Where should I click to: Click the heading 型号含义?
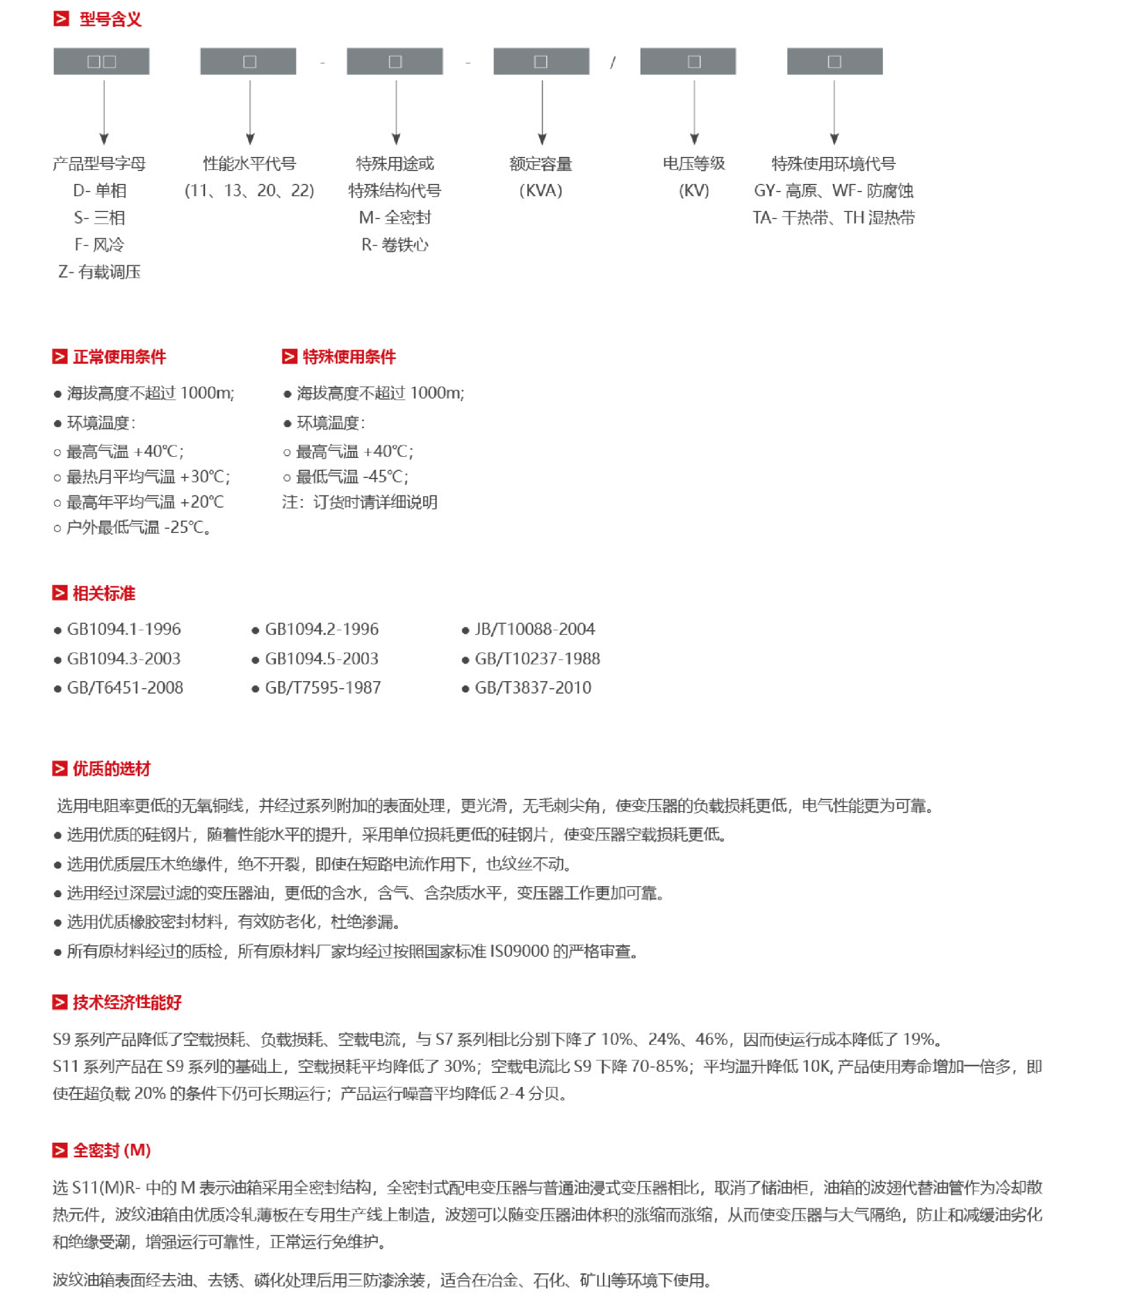click(111, 19)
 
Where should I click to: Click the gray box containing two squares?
click(101, 61)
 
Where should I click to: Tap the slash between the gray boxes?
click(612, 62)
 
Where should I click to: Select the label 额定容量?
click(541, 164)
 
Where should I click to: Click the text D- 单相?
click(100, 191)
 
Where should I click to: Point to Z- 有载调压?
click(99, 272)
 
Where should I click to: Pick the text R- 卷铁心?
click(395, 245)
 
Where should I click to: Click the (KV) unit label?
click(694, 191)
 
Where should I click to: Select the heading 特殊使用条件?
click(349, 357)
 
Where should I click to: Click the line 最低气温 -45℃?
click(352, 477)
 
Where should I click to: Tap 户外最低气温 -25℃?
click(138, 528)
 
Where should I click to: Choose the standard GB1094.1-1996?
click(124, 629)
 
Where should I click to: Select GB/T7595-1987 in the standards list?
click(323, 688)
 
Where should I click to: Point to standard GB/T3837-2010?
click(533, 688)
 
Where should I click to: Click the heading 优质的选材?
click(112, 769)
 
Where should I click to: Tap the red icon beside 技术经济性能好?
click(60, 1002)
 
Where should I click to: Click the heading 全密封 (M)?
click(112, 1150)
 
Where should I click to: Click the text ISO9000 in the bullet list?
click(519, 951)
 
